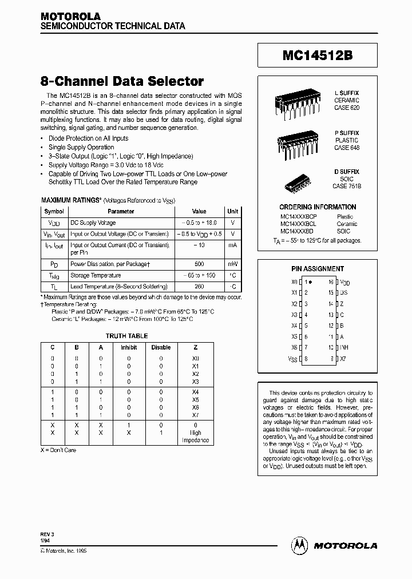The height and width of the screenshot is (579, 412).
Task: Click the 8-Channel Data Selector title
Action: click(x=122, y=81)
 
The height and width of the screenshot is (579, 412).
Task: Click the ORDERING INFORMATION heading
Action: click(x=318, y=207)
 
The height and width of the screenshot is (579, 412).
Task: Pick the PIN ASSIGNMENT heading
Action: click(x=318, y=268)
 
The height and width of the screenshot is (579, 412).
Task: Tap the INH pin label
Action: click(x=344, y=347)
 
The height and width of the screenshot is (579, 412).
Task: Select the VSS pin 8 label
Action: click(x=293, y=359)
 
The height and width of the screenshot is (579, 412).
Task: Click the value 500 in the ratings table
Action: click(x=199, y=264)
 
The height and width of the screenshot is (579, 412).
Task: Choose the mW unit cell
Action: click(x=232, y=264)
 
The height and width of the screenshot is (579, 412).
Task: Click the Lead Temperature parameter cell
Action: click(x=118, y=286)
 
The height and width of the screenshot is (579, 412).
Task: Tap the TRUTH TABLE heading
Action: click(x=126, y=336)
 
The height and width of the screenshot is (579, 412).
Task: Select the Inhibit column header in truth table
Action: click(x=129, y=347)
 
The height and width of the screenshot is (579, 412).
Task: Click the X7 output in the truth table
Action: click(x=195, y=415)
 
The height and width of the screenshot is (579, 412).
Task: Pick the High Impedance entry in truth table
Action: click(x=195, y=437)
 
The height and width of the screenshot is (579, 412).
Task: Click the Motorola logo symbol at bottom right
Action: click(x=300, y=545)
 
